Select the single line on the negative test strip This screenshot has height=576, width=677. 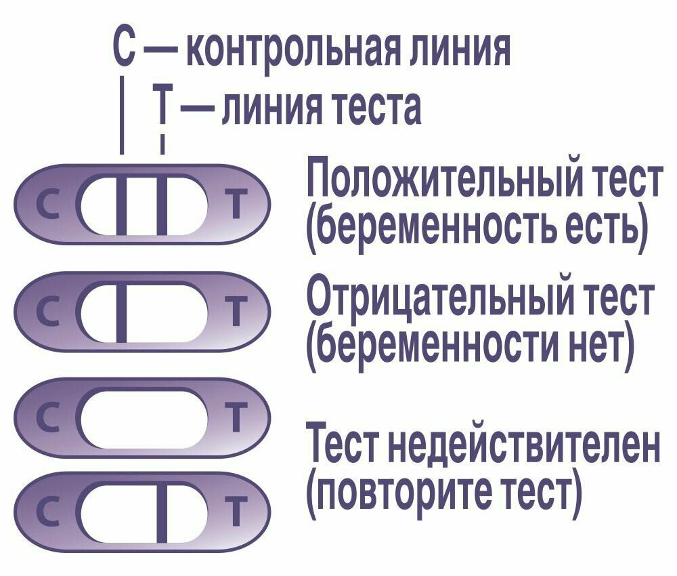pyautogui.click(x=122, y=312)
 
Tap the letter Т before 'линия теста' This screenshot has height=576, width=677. pyautogui.click(x=162, y=108)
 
